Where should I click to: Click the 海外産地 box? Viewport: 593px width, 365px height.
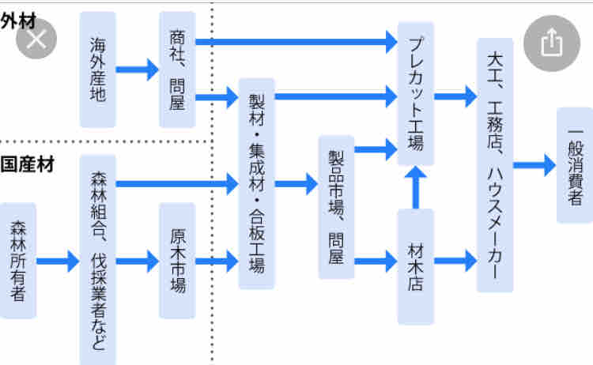[98, 70]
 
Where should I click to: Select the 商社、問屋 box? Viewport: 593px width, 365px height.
[176, 70]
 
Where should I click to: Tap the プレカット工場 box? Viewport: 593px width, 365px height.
[415, 93]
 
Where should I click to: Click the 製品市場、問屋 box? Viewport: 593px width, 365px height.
[336, 207]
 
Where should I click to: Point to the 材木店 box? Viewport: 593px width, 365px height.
[415, 267]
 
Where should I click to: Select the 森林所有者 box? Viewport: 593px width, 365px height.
[18, 260]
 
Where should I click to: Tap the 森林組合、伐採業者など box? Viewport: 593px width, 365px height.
[98, 259]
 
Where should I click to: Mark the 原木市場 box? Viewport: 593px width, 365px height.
[176, 260]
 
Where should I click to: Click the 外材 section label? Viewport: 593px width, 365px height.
[17, 22]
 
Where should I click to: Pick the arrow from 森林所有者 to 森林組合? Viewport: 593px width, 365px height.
[58, 260]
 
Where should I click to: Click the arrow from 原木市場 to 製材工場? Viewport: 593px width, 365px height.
[217, 260]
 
